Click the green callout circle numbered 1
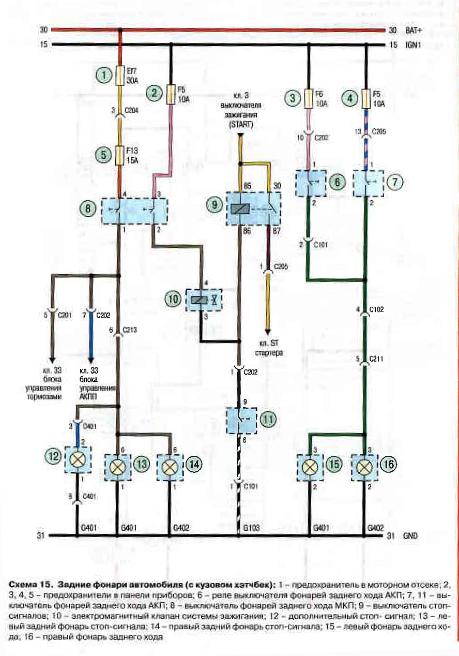coord(103,76)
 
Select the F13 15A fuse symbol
coord(120,156)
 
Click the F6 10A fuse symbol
coord(309,98)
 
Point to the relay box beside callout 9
coord(253,208)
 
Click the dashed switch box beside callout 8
coord(134,211)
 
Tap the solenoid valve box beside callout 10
coord(204,300)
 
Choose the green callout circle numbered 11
coord(268,420)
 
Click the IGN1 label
coord(413,45)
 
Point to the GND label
coord(410,535)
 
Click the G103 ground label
coord(251,528)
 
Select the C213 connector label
coord(130,330)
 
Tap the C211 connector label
coord(376,359)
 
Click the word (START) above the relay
coord(241,125)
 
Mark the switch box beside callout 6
coord(311,183)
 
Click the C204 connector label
coord(131,110)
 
